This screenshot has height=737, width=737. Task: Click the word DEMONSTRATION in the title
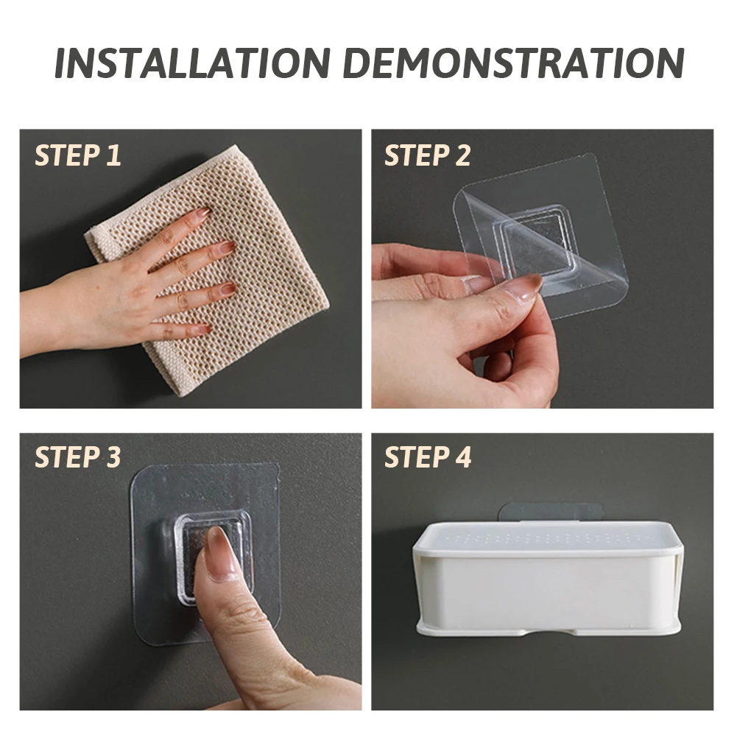(513, 62)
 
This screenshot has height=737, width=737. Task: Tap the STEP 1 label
(78, 155)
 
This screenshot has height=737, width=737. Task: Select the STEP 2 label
(428, 155)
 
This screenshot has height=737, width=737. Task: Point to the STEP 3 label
(78, 457)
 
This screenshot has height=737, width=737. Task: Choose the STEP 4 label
(428, 457)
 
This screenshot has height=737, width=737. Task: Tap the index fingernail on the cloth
(203, 213)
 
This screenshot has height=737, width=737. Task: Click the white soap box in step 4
(548, 578)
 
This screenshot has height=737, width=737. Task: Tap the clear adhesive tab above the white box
(550, 512)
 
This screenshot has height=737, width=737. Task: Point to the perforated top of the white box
(548, 537)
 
